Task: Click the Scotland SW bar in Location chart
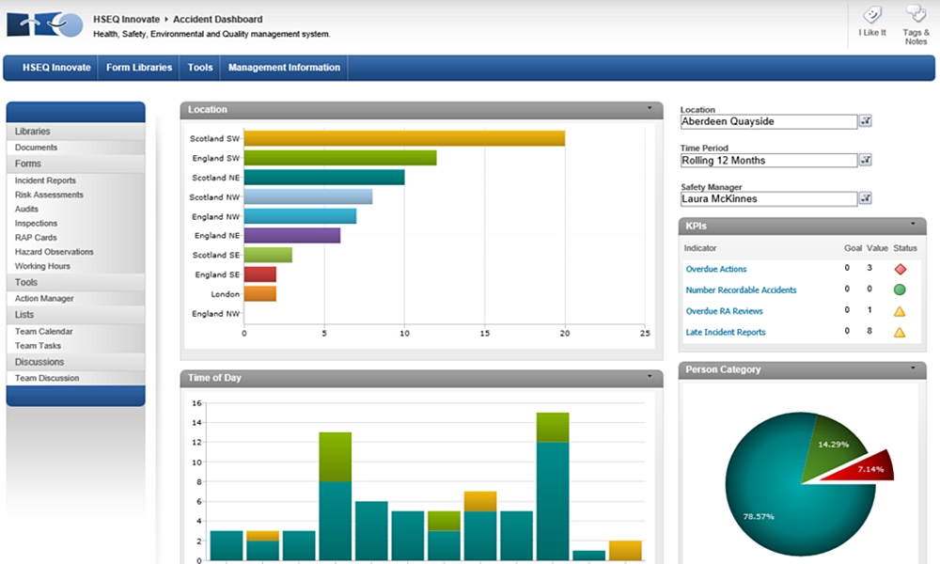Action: pos(404,138)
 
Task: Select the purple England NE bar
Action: pos(291,235)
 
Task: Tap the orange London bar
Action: pos(259,293)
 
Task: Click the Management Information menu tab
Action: pos(284,68)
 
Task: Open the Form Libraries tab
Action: pos(139,68)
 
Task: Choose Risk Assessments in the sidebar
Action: pos(49,195)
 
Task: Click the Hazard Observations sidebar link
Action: pos(54,252)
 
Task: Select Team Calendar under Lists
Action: pos(43,331)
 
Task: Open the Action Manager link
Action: pos(44,298)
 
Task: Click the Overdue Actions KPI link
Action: pos(716,269)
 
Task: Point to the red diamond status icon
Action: pos(900,269)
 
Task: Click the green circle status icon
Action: pos(900,290)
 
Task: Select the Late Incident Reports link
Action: pos(726,332)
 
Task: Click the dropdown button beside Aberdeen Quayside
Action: pos(866,121)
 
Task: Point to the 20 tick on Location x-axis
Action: pos(564,333)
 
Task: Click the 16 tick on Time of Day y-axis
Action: pos(196,403)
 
